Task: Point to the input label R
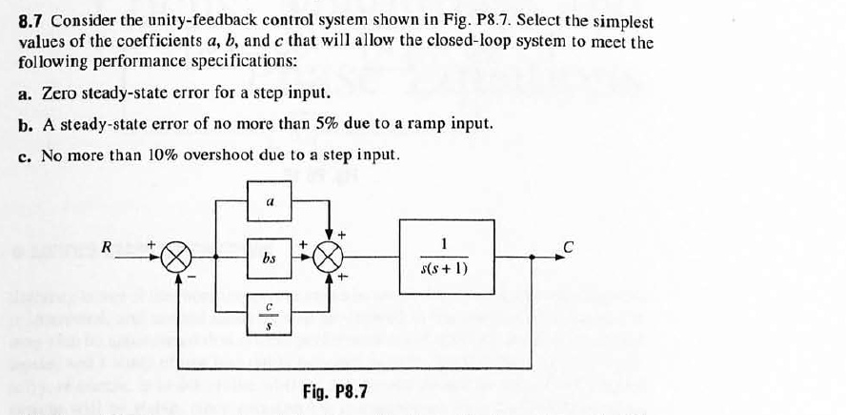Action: click(108, 248)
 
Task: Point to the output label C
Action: click(569, 247)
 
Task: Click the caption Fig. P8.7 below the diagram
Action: click(335, 392)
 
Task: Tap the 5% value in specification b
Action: click(275, 124)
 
